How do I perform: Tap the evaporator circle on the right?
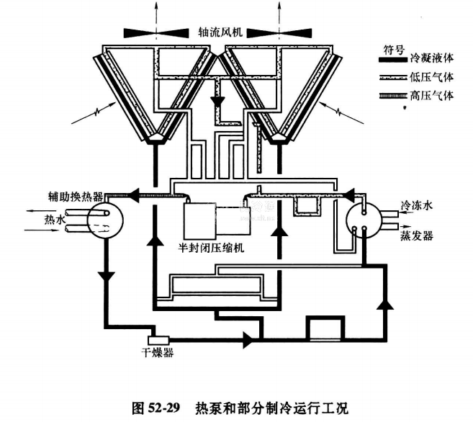click(364, 218)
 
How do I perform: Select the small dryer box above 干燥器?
click(157, 338)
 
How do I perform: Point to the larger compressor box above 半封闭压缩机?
click(199, 220)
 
